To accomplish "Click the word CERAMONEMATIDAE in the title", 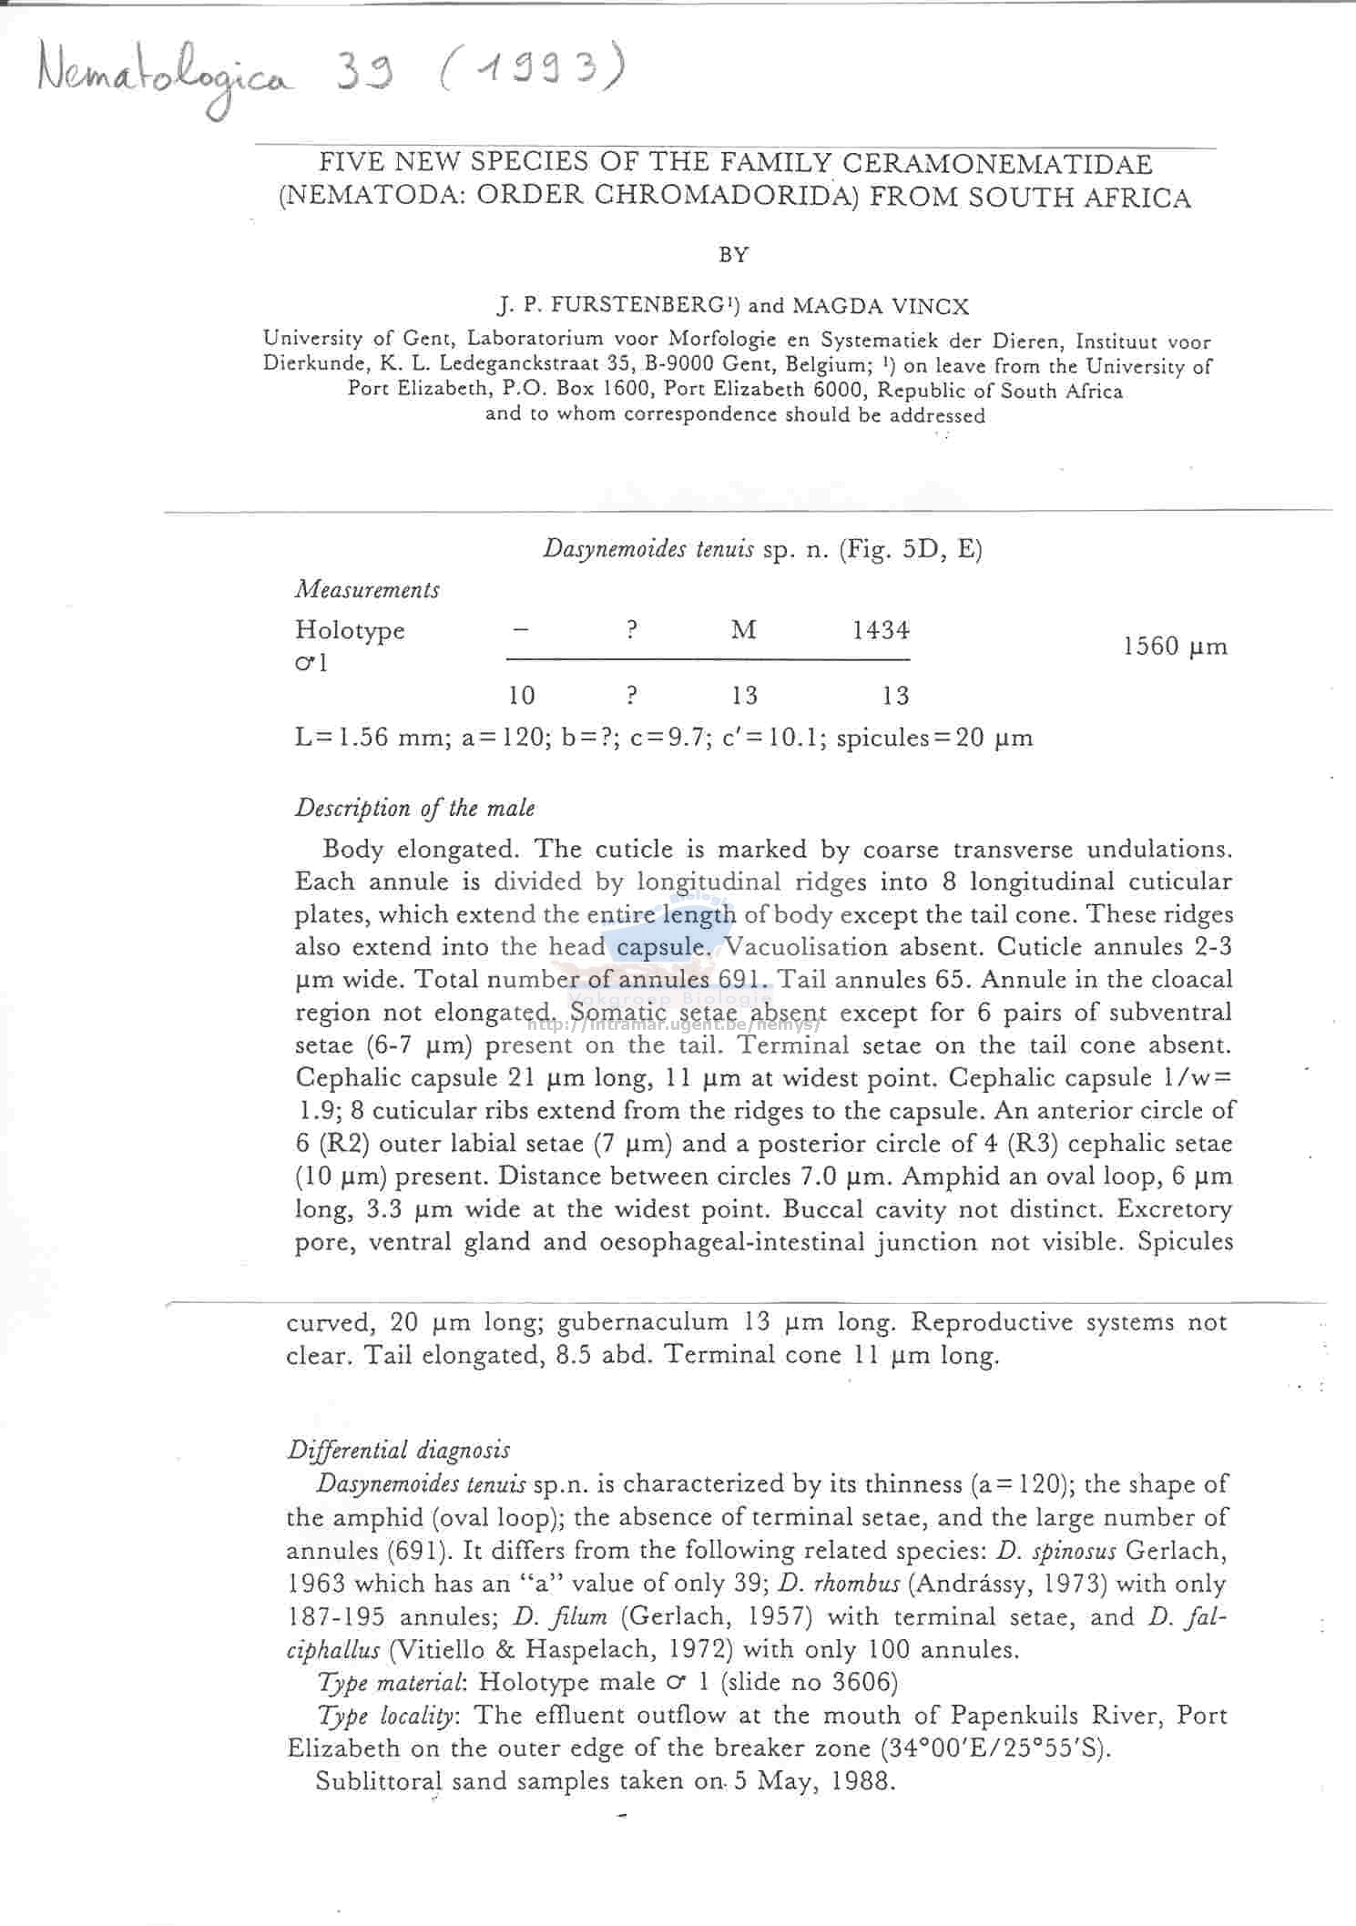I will (997, 165).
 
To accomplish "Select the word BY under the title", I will (733, 256).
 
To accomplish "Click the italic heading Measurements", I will (367, 590).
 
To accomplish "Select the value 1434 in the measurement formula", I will (881, 630).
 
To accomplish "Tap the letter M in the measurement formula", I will (744, 630).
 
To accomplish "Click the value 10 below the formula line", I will (521, 697).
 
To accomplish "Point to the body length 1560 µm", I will (1175, 647).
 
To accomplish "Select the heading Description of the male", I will (414, 809).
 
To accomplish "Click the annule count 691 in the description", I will (746, 980).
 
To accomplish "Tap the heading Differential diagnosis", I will (398, 1451).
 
